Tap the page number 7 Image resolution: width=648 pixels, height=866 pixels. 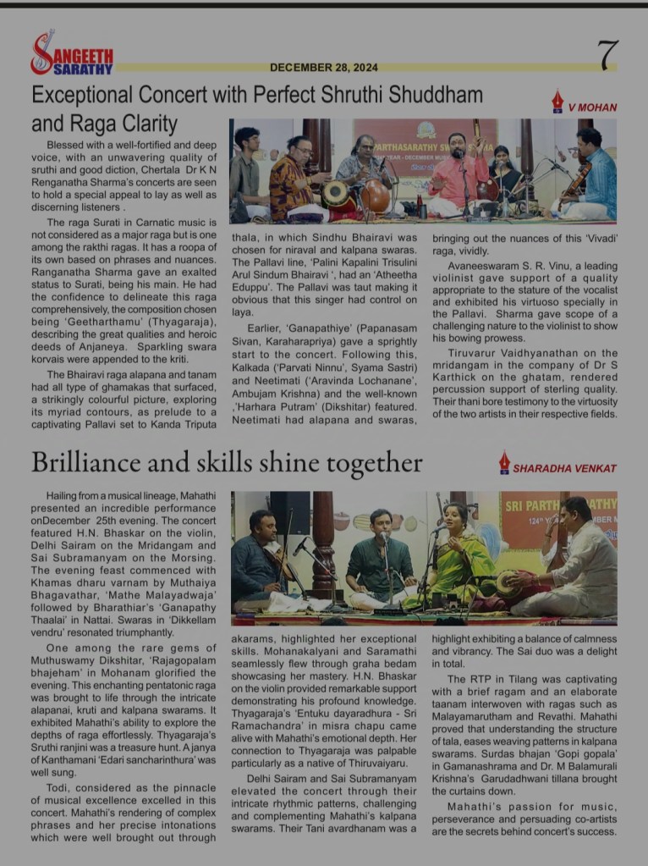[607, 56]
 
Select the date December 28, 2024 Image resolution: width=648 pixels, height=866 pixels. [324, 68]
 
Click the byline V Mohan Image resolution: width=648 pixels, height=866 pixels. [592, 108]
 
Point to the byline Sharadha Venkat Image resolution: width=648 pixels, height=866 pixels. [565, 468]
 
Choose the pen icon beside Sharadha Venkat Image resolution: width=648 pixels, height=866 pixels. [504, 463]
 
